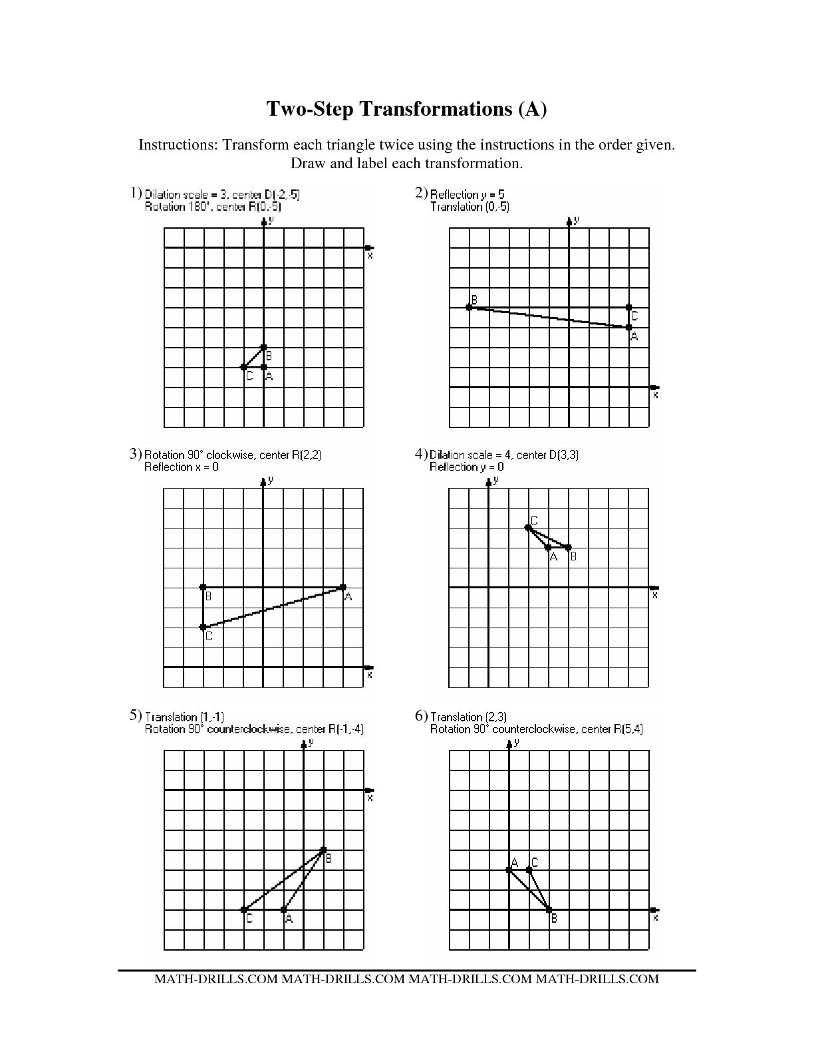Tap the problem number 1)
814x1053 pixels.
136,193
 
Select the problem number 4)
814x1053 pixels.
420,453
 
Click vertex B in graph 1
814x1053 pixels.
264,348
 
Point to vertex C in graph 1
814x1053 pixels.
244,368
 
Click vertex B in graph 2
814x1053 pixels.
470,307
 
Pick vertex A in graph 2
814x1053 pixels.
629,327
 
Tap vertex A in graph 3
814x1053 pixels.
343,588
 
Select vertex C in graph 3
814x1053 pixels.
203,628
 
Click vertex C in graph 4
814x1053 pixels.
529,528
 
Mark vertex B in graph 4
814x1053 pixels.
569,548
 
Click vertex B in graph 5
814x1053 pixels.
324,850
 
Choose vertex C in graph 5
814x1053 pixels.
244,909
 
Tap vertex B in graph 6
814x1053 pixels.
549,909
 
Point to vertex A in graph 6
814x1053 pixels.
509,870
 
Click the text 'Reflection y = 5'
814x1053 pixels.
468,194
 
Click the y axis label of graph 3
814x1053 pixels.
271,480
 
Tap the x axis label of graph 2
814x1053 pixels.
656,395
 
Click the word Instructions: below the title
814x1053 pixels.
178,145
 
